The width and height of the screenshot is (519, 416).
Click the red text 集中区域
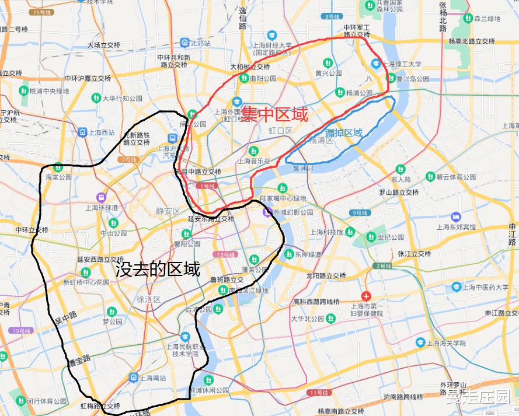pos(275,114)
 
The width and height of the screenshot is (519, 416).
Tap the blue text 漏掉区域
pos(344,133)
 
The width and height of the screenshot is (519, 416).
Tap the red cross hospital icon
pos(366,296)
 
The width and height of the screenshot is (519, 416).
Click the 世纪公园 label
pos(391,237)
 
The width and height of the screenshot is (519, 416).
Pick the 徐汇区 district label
pos(148,299)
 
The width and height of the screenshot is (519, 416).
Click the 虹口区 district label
pos(280,131)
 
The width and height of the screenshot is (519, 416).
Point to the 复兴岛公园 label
pos(413,78)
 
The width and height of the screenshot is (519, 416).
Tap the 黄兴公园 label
pos(328,74)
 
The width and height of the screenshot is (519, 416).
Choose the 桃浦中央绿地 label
pos(49,91)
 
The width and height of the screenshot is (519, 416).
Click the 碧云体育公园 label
pos(456,177)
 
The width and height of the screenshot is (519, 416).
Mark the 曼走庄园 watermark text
pos(478,398)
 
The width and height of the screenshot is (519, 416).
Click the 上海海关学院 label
pos(445,342)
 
